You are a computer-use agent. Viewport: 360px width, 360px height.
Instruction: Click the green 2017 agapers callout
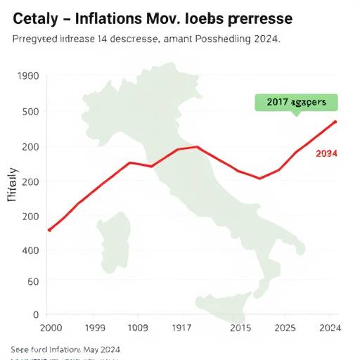(x=296, y=102)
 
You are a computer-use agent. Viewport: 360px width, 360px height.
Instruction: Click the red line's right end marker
(x=335, y=122)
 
